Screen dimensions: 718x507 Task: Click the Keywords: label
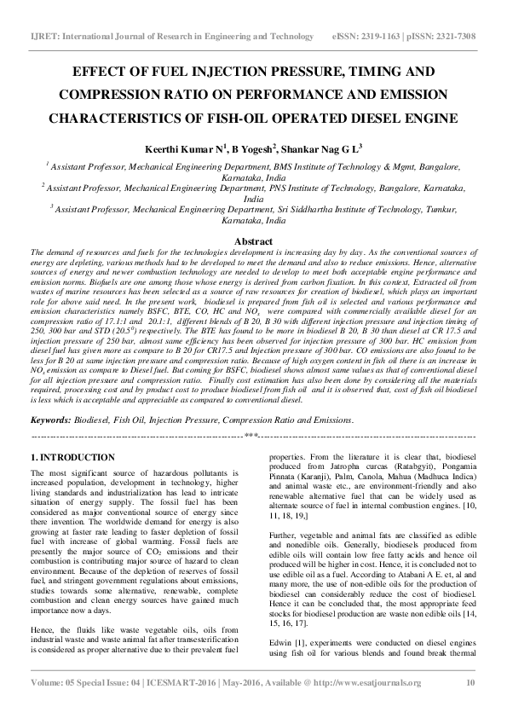(50, 420)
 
